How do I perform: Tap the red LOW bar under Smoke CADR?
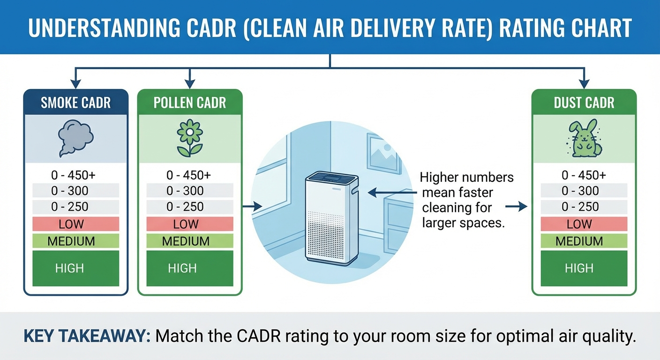point(75,224)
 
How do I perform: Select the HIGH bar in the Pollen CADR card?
point(189,268)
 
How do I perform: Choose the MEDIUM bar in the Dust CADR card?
point(584,241)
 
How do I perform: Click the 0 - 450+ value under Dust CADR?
point(584,175)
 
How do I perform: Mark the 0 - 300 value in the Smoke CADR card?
point(75,191)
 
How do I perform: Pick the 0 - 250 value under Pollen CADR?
point(189,207)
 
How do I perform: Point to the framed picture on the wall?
point(384,153)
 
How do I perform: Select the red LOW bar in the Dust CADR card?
point(584,224)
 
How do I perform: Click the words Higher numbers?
point(466,178)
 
